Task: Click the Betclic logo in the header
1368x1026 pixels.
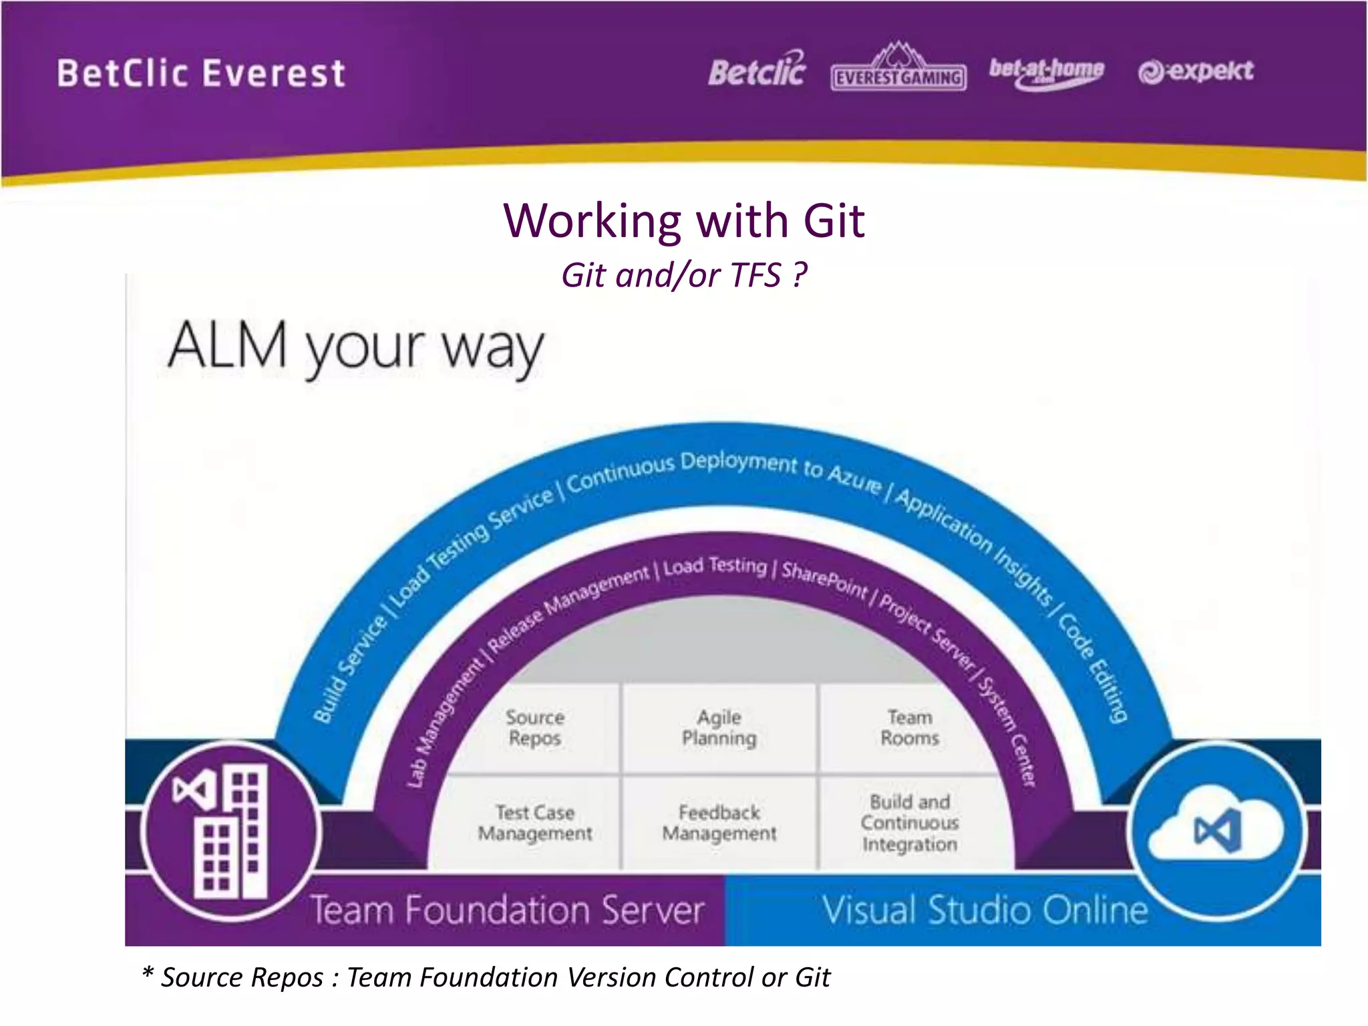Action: [757, 71]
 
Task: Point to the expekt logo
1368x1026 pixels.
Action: [1196, 71]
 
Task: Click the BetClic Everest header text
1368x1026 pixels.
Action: [201, 73]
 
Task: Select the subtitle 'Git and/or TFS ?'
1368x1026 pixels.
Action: [684, 275]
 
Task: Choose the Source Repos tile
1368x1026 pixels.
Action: [534, 727]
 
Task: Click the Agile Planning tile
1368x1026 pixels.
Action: [719, 727]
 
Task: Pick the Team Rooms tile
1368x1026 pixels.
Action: [909, 727]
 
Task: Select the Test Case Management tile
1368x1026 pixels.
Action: [534, 823]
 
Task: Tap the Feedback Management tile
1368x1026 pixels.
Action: [719, 823]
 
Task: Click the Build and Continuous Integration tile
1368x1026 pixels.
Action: [909, 823]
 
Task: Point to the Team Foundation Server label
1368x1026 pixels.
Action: [508, 910]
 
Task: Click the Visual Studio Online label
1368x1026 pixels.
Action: [985, 910]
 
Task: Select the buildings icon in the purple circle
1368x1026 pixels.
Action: [230, 832]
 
